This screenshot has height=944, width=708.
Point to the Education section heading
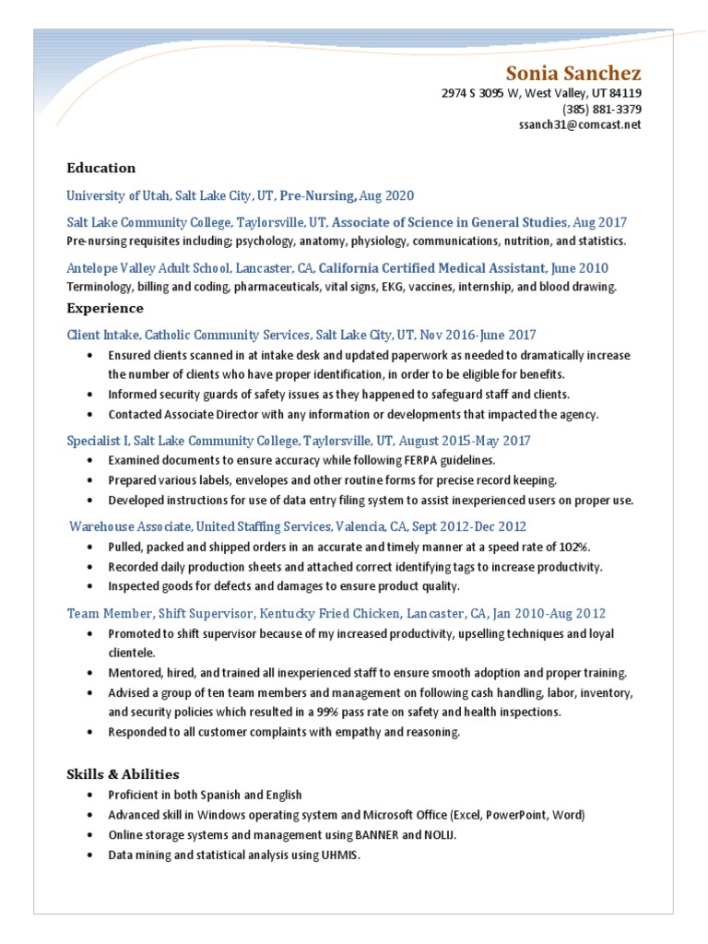(101, 168)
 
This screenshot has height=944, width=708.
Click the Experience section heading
(105, 308)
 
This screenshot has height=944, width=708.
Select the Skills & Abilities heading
(123, 774)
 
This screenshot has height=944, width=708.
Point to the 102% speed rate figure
(571, 547)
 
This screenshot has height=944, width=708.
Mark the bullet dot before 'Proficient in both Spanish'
(88, 795)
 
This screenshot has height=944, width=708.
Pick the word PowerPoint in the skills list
(515, 815)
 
